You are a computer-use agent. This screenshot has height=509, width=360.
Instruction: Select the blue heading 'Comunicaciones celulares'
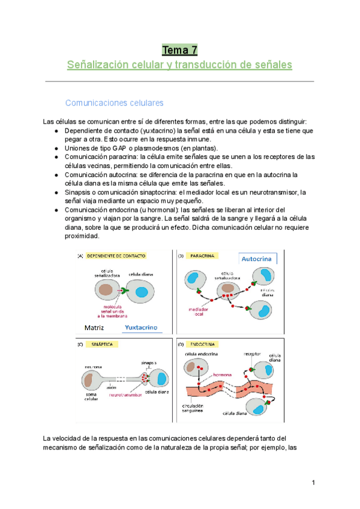click(x=114, y=103)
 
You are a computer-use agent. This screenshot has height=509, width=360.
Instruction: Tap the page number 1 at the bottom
click(x=313, y=483)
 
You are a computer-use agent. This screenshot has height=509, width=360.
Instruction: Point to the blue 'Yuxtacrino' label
click(x=139, y=328)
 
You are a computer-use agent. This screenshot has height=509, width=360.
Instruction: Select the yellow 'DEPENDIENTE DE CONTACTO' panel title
click(x=116, y=255)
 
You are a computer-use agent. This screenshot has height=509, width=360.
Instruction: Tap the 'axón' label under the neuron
click(x=112, y=388)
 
